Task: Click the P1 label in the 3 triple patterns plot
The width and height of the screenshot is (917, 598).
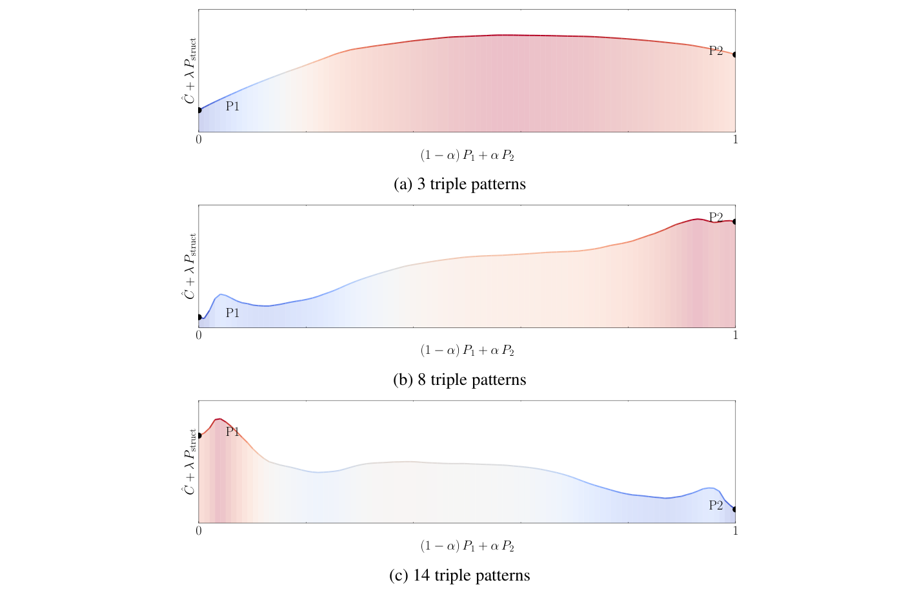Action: point(232,107)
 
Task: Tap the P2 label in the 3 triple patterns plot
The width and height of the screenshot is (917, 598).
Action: point(716,51)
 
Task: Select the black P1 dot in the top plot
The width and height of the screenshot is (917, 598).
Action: point(199,110)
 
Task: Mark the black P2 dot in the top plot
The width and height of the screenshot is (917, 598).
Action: point(735,54)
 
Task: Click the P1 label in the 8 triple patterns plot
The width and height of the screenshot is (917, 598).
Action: point(232,313)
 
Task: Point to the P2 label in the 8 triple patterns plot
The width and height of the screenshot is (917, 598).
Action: point(716,217)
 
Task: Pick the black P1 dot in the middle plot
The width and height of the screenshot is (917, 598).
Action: point(199,317)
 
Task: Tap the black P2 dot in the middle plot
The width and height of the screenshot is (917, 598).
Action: point(735,222)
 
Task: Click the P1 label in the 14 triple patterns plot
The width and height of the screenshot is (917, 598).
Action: point(232,431)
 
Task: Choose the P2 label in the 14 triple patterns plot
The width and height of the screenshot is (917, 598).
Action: point(716,506)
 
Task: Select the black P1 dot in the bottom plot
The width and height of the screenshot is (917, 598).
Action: point(199,435)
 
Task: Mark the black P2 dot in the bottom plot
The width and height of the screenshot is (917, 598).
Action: point(735,509)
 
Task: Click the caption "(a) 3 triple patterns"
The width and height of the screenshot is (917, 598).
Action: point(459,185)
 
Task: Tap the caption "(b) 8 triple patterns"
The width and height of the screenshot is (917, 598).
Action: point(459,380)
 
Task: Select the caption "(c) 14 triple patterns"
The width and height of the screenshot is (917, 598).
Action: point(459,575)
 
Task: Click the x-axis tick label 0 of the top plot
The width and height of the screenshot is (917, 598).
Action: point(199,139)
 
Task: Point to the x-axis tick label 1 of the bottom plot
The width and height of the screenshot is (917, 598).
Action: point(735,531)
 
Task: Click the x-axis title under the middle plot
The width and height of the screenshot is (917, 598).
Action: point(467,351)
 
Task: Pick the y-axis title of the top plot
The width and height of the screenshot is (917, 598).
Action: point(189,70)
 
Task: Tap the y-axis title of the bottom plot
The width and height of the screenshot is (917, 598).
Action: point(189,462)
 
